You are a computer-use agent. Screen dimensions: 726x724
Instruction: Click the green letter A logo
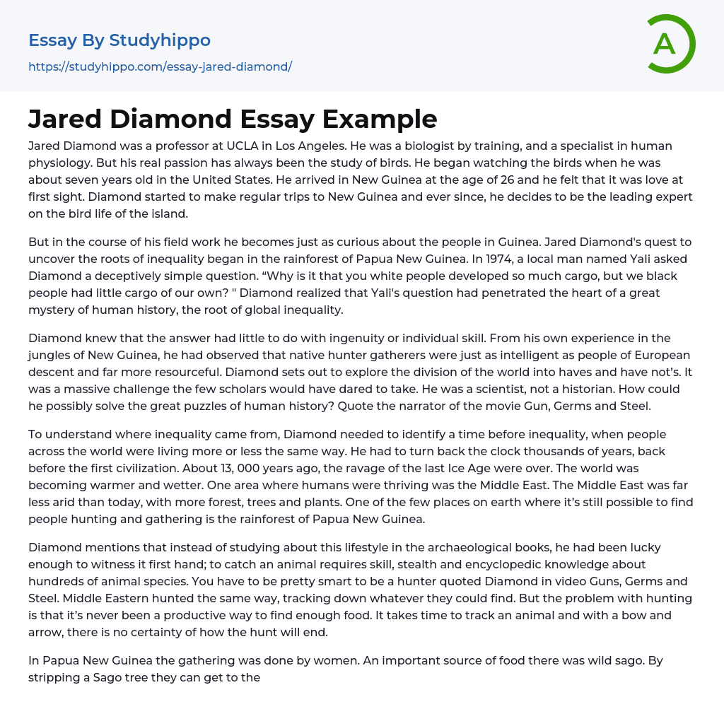(667, 44)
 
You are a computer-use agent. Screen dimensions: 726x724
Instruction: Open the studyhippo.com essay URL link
(160, 66)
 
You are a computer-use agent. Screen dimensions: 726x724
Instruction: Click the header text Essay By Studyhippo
(119, 40)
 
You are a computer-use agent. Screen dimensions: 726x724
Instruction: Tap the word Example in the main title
(380, 119)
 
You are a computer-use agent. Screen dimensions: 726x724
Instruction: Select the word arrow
(49, 632)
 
